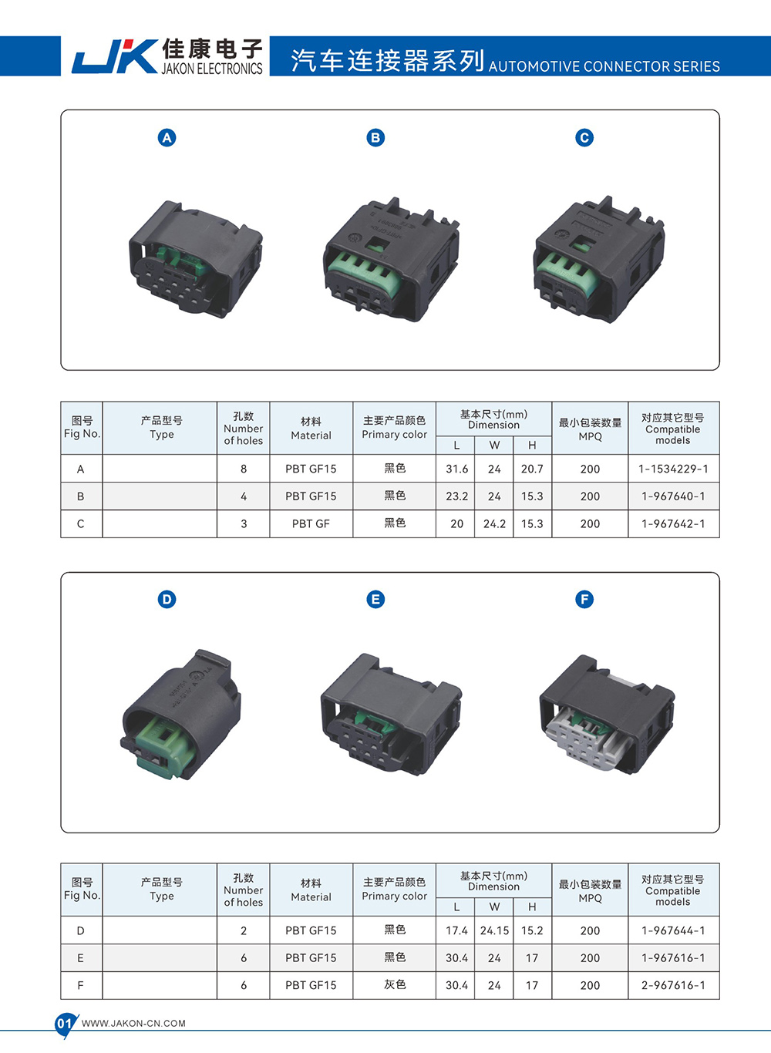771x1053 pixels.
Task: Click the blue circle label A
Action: click(x=167, y=138)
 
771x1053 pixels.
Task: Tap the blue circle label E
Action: click(x=375, y=600)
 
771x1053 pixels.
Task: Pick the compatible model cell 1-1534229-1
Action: click(x=673, y=469)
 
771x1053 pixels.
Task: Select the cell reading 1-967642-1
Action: click(x=673, y=524)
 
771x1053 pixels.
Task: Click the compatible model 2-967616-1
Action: click(x=673, y=985)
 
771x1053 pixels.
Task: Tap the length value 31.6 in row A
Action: click(x=456, y=469)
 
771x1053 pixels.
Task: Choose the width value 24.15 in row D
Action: click(x=494, y=930)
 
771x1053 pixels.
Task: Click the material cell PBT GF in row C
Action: click(x=311, y=524)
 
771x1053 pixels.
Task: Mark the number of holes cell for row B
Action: click(x=244, y=496)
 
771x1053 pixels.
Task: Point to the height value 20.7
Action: click(x=532, y=469)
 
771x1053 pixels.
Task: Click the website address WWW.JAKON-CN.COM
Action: click(x=133, y=1024)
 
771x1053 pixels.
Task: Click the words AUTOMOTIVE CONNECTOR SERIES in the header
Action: click(x=604, y=66)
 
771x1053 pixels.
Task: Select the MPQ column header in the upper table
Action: click(x=590, y=429)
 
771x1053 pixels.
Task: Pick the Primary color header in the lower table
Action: click(x=394, y=889)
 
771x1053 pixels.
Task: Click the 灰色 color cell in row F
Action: click(x=395, y=985)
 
